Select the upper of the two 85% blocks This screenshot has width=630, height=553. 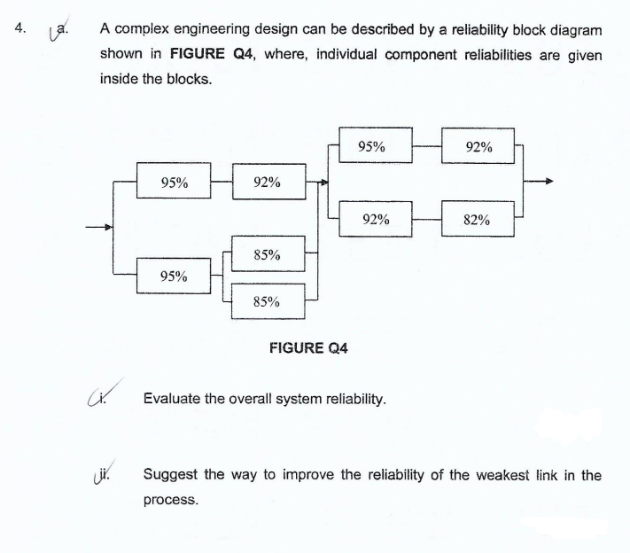(x=267, y=255)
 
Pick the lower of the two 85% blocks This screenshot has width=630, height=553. (x=267, y=301)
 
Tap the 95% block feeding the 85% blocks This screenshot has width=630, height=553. (x=174, y=276)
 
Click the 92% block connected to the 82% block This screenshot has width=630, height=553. (x=377, y=219)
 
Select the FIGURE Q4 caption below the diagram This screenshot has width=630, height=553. (x=307, y=348)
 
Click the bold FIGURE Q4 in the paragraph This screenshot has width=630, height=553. (x=211, y=54)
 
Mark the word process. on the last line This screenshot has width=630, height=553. (x=170, y=500)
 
